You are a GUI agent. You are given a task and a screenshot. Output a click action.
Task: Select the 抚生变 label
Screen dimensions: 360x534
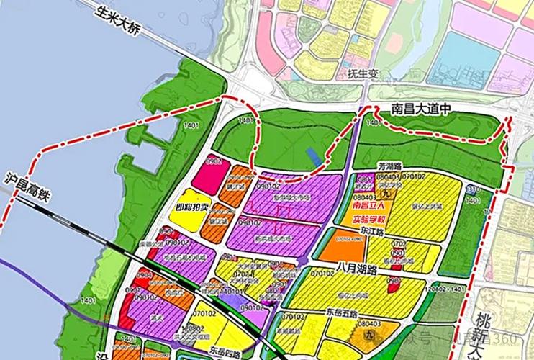click(363, 75)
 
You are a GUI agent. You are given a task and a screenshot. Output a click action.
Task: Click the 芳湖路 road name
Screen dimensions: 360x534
click(397, 164)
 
